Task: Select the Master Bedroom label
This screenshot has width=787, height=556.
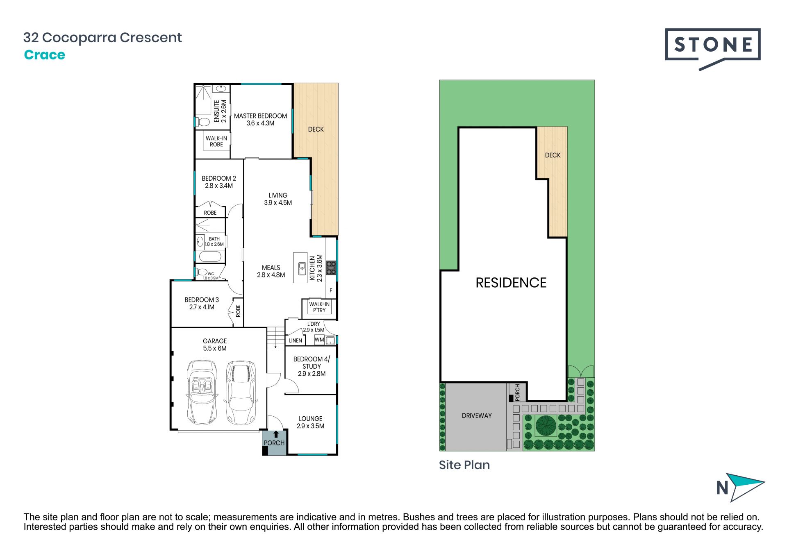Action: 260,116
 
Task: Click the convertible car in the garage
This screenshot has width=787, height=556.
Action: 202,393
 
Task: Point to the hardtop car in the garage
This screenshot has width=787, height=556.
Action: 241,393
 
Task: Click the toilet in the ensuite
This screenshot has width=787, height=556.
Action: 203,122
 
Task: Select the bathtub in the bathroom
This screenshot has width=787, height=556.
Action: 210,257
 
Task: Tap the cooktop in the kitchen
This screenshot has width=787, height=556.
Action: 331,268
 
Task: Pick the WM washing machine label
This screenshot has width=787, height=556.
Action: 319,340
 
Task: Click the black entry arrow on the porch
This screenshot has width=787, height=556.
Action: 276,434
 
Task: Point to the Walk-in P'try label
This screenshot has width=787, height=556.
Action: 319,307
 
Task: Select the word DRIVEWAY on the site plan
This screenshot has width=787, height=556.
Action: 477,415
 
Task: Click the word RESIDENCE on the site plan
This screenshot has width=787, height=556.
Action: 511,283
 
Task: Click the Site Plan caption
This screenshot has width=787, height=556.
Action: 464,465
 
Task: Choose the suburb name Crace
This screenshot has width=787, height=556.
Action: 45,55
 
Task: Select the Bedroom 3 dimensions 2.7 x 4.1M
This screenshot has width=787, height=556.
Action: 202,307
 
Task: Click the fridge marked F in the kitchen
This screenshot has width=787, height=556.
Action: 331,290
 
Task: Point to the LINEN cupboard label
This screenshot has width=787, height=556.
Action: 296,340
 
